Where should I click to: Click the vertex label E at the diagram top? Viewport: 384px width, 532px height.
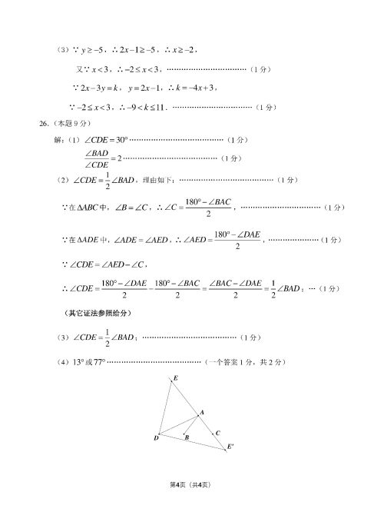click(176, 378)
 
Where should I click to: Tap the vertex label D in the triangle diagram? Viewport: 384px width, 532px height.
click(156, 438)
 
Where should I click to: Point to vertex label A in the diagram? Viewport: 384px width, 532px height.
click(202, 414)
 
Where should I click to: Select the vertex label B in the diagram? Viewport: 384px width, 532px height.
click(187, 438)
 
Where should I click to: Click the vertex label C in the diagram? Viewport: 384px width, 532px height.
click(218, 433)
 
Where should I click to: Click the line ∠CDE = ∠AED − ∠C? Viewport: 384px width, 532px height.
click(107, 265)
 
